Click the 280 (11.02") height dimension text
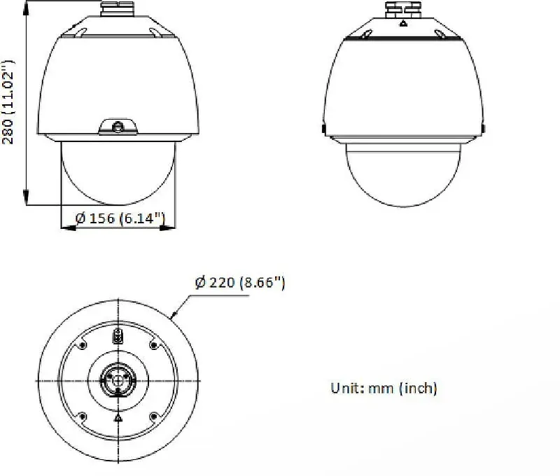click(8, 102)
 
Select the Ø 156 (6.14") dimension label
click(120, 218)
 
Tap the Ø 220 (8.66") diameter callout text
click(240, 283)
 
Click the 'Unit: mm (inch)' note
click(384, 388)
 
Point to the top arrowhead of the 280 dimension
click(26, 8)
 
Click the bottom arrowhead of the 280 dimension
click(26, 197)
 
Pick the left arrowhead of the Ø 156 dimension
click(68, 227)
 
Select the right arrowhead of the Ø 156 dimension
click(168, 227)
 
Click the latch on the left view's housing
click(118, 127)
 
